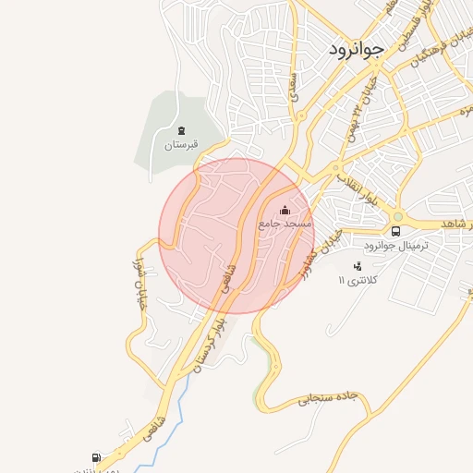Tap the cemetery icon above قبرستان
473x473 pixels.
pyautogui.click(x=181, y=130)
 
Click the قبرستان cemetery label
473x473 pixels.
pyautogui.click(x=181, y=145)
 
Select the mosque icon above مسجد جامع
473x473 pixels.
pyautogui.click(x=285, y=209)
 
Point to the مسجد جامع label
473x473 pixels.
pyautogui.click(x=286, y=224)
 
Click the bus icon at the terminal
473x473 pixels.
pyautogui.click(x=396, y=231)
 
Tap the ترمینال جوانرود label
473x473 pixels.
pyautogui.click(x=367, y=245)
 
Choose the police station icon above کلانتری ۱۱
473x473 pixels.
pyautogui.click(x=358, y=266)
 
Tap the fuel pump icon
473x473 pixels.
pyautogui.click(x=95, y=457)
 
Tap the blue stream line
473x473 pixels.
pyautogui.click(x=181, y=397)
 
